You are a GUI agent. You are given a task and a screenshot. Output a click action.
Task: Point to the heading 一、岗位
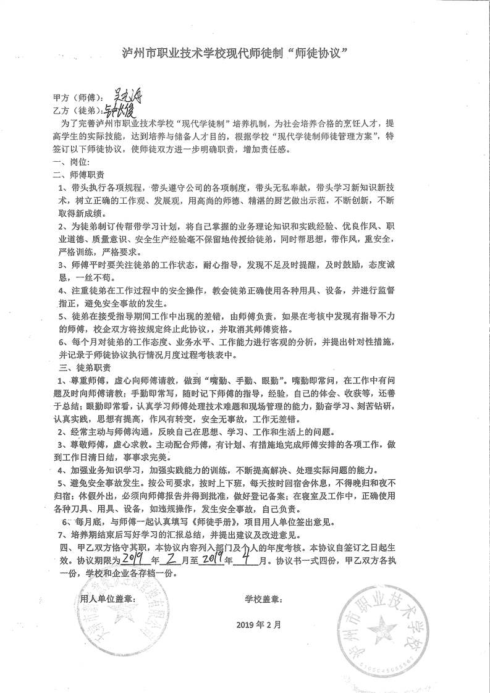click(x=69, y=161)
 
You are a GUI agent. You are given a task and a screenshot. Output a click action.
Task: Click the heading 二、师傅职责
click(x=78, y=174)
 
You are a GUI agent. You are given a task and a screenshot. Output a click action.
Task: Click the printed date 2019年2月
click(x=258, y=624)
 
